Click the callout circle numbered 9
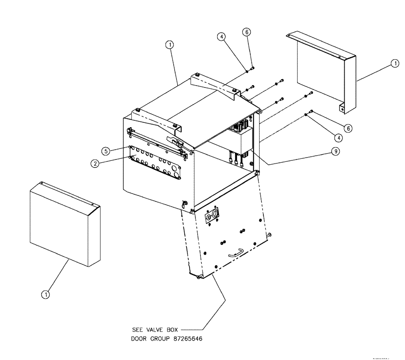coord(335,151)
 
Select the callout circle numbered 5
coord(105,151)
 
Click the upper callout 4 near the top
coord(221,36)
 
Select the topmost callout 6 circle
coord(247,32)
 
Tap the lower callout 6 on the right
coord(347,128)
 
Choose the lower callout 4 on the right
coord(339,137)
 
